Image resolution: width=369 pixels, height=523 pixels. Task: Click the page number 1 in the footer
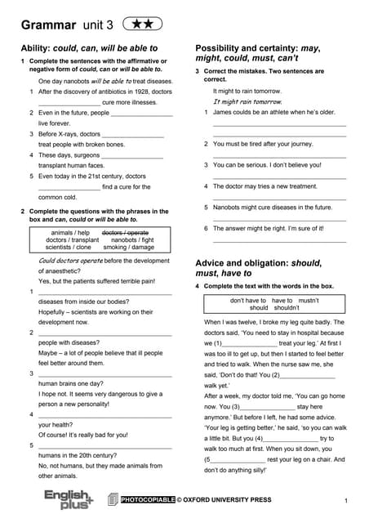click(x=346, y=500)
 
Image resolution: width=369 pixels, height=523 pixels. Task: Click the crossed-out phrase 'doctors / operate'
click(x=125, y=233)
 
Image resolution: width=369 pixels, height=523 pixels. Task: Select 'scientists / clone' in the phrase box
click(x=69, y=247)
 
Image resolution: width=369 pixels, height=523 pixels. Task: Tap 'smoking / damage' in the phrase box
click(x=128, y=247)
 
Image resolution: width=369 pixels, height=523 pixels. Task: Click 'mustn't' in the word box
click(x=308, y=301)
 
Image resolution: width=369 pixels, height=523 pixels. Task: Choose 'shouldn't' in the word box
click(x=287, y=308)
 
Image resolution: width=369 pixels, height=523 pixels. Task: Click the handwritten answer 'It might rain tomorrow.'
click(x=248, y=102)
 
